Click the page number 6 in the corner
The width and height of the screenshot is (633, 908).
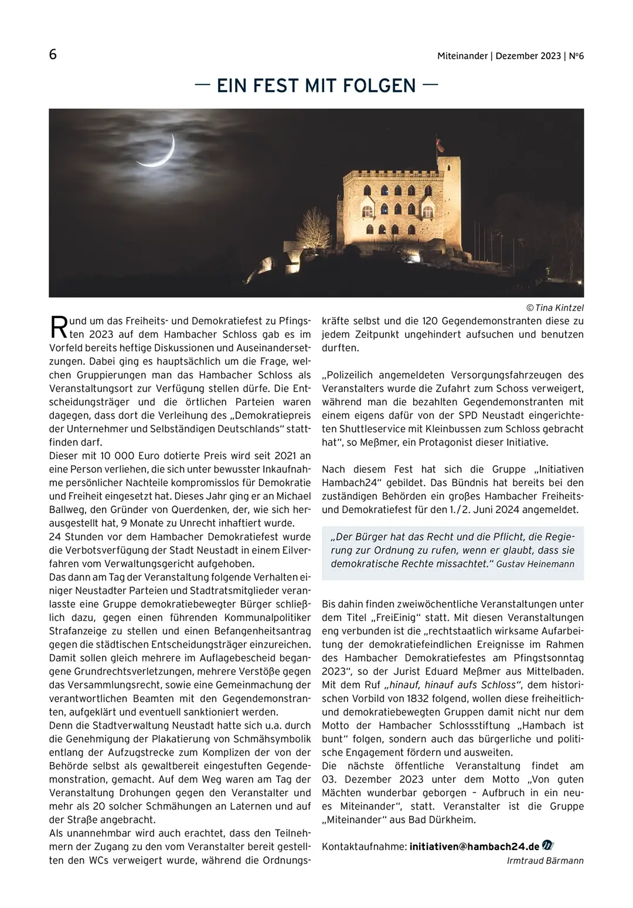click(x=53, y=55)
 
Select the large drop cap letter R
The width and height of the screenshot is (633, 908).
click(x=59, y=327)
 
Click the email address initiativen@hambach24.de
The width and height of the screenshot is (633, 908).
click(x=474, y=846)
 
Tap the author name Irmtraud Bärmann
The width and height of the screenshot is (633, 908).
click(x=545, y=860)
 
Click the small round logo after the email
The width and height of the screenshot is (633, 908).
click(x=548, y=846)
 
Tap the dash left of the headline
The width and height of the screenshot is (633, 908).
click(x=203, y=85)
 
